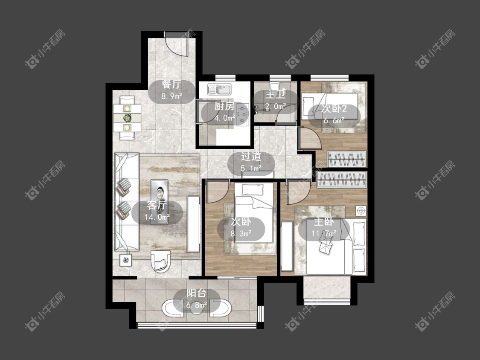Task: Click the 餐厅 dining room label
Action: pos(172,84)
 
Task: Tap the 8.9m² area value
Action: pos(172,96)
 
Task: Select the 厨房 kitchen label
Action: pos(224,106)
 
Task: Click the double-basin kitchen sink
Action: pos(219,90)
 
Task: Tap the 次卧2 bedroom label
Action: pos(334,108)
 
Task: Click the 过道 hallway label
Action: pos(251,157)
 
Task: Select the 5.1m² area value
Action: pos(251,168)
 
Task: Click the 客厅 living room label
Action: pos(157,205)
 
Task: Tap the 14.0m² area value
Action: pos(157,217)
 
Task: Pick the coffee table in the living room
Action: pos(159,202)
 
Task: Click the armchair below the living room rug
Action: pos(160,261)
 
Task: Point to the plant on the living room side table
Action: pos(125,260)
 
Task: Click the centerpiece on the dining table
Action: pos(127,118)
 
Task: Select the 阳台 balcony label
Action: pos(197,293)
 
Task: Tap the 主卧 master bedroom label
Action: pos(323,222)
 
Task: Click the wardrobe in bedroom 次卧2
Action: pos(347,159)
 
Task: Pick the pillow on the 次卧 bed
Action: pos(253,190)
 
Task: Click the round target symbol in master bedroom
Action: pos(361,211)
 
